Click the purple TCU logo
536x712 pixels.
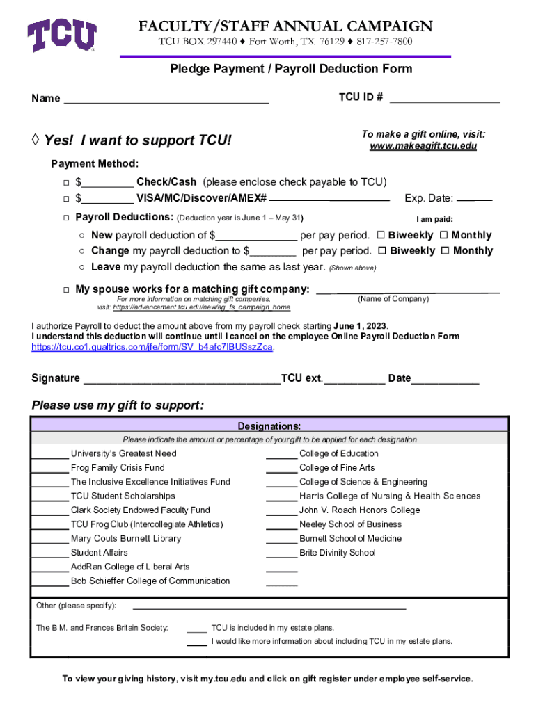(61, 35)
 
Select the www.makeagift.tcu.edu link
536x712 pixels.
(423, 146)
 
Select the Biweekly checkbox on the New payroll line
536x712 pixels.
(381, 235)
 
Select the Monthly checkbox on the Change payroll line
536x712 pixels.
(446, 250)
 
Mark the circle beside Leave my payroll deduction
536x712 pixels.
(82, 267)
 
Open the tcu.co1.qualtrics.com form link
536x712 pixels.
(152, 347)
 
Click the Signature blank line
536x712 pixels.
(181, 381)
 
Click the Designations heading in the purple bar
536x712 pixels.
(269, 426)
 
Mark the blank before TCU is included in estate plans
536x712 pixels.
(197, 630)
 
